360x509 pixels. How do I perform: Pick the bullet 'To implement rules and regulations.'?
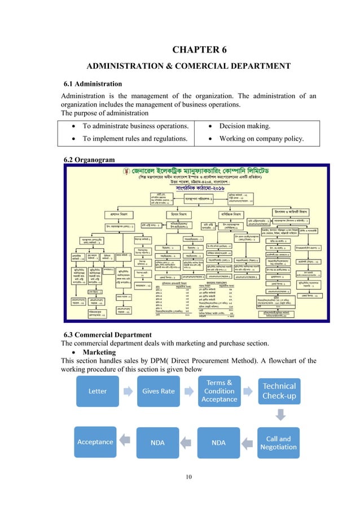[132, 139]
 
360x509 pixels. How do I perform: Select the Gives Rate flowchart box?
[158, 390]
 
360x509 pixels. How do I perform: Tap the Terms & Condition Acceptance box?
[219, 390]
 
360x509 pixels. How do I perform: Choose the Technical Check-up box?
[279, 390]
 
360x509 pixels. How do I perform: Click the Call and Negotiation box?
[279, 442]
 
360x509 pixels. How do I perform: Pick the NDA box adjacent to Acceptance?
[157, 442]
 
